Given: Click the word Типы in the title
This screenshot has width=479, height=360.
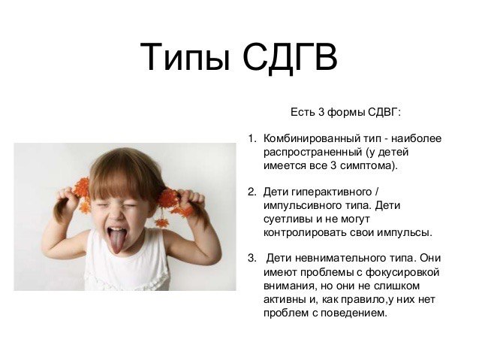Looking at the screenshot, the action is point(185,58).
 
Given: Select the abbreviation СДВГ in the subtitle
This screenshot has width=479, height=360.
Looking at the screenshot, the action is point(383,112).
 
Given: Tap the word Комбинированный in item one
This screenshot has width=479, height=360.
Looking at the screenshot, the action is point(311,138).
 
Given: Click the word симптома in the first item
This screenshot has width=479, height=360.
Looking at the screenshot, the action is point(366,166).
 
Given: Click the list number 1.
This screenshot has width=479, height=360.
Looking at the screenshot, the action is point(251,138).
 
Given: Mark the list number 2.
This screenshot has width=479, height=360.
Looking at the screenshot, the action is point(251,192).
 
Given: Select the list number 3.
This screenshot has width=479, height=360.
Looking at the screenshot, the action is point(251,258).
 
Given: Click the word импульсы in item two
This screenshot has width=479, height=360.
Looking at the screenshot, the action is point(405,234).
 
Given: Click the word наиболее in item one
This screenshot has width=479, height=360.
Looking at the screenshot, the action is point(417,138).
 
